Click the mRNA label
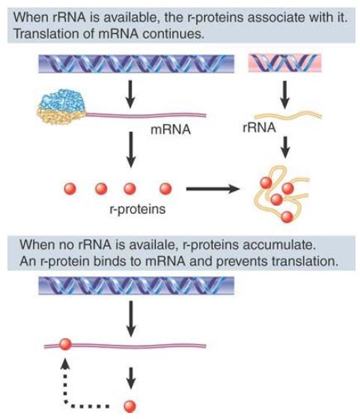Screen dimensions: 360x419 point(171,129)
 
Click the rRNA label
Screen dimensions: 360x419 point(259,127)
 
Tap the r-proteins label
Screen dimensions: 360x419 point(138,209)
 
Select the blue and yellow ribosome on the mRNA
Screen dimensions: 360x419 point(61,106)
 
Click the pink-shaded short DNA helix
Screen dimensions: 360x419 point(284,63)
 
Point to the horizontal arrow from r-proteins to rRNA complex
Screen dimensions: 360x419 point(213,189)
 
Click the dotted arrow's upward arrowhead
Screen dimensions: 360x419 point(65,364)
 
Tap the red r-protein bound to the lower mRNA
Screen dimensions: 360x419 point(65,344)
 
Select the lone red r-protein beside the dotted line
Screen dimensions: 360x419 point(130,407)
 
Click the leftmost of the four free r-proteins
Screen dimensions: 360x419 point(70,189)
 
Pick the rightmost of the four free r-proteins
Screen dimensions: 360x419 point(165,189)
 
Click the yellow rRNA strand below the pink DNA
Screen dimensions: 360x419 point(288,116)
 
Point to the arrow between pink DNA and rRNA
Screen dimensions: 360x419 point(285,94)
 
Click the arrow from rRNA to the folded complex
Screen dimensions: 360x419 point(285,147)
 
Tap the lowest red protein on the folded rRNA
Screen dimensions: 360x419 point(287,217)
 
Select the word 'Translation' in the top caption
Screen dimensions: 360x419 point(46,34)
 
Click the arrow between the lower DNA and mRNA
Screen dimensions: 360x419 point(131,319)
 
